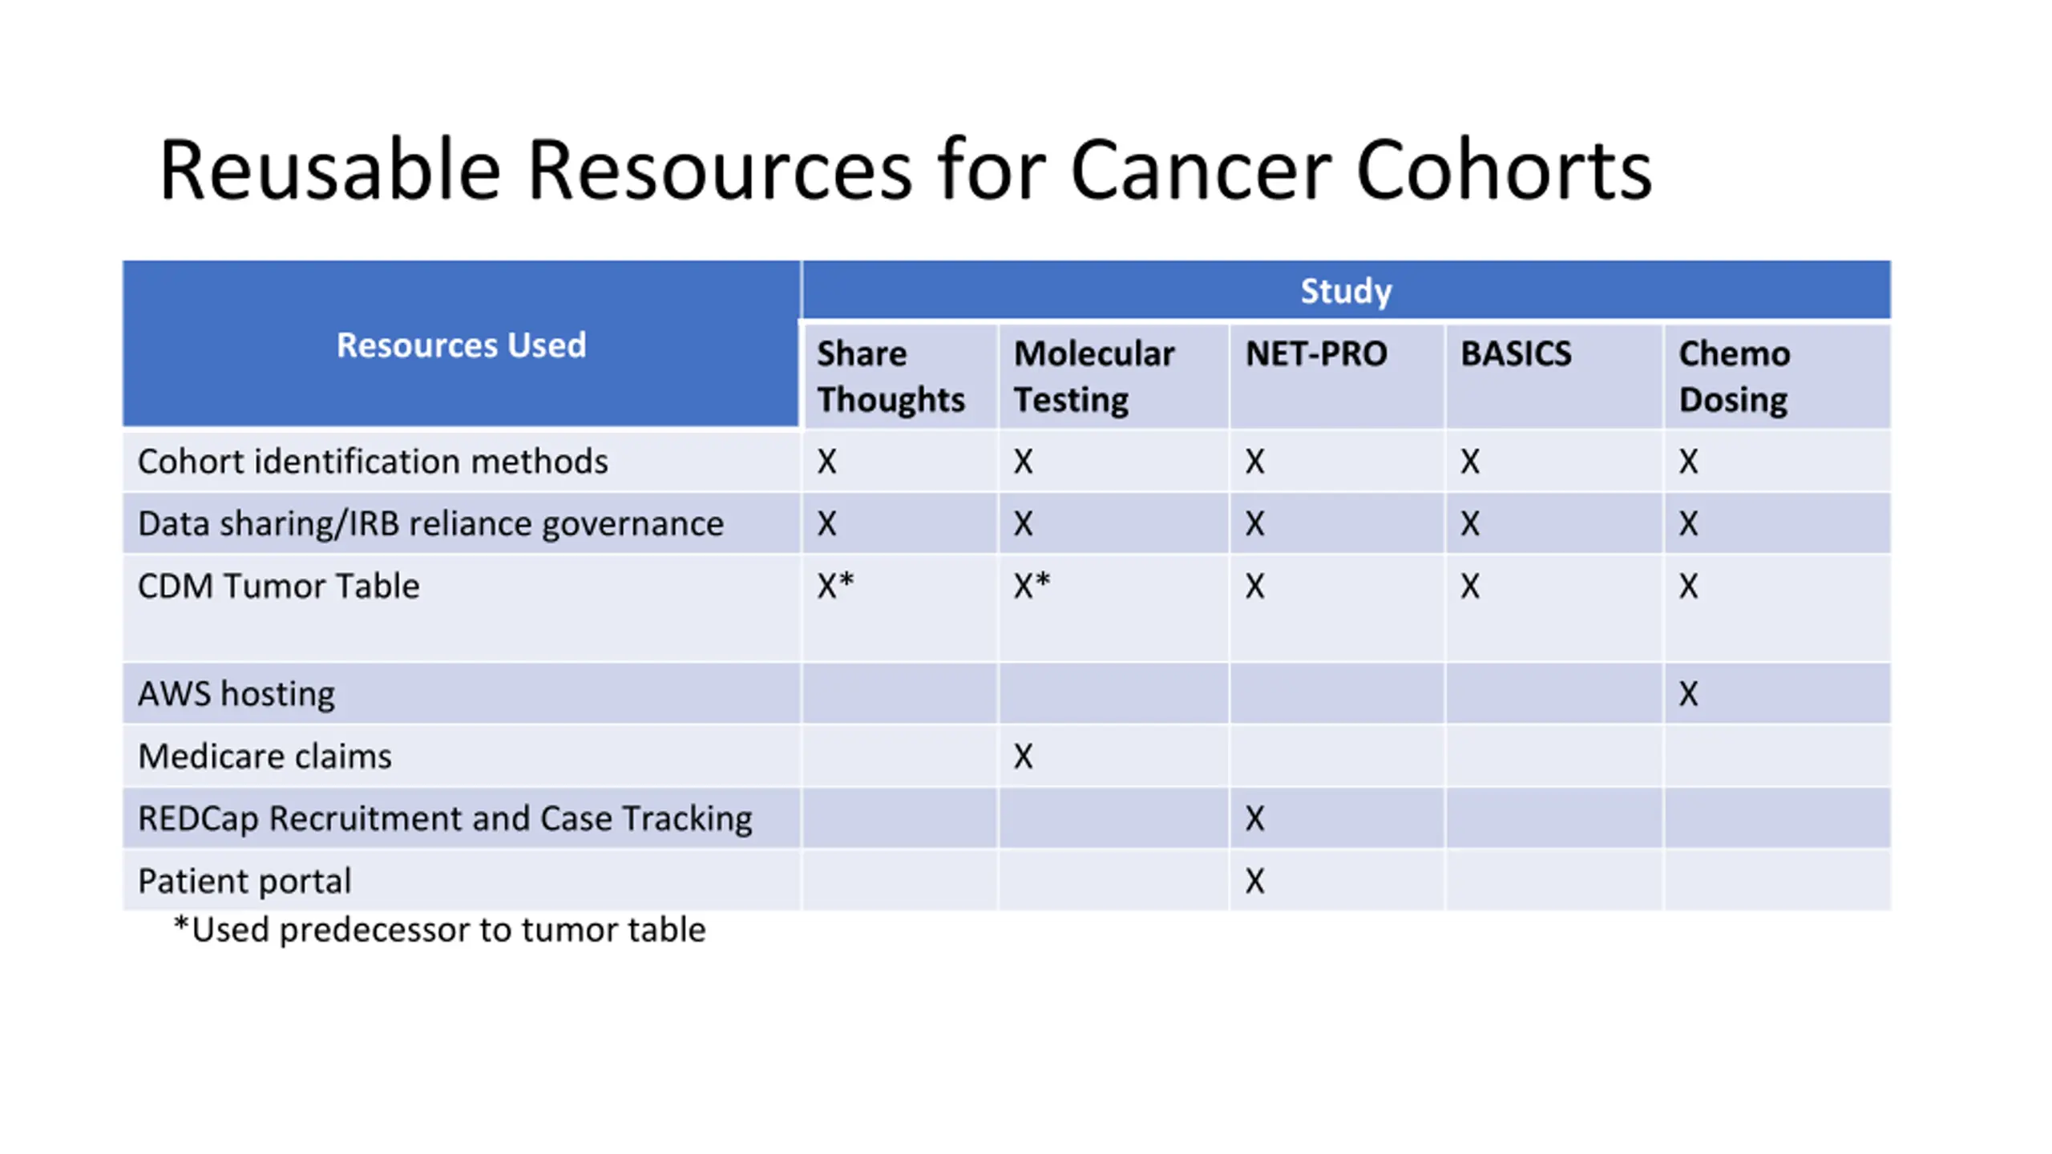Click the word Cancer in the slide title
click(1200, 170)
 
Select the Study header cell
click(1346, 290)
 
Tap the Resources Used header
click(461, 345)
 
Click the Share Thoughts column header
click(891, 377)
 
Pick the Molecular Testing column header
click(1094, 377)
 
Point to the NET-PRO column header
click(1316, 353)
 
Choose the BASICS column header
click(1516, 353)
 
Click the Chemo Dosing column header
click(1735, 377)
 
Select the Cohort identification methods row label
click(373, 462)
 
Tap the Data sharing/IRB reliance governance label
click(430, 524)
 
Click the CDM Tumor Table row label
click(278, 586)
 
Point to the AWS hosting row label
click(236, 694)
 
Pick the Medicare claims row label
click(265, 757)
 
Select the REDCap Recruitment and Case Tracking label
click(445, 819)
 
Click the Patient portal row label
click(244, 882)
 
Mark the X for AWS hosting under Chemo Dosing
click(1689, 694)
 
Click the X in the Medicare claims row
click(1024, 757)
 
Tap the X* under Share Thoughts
click(835, 585)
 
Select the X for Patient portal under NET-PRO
click(1255, 882)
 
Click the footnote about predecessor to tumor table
click(439, 930)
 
